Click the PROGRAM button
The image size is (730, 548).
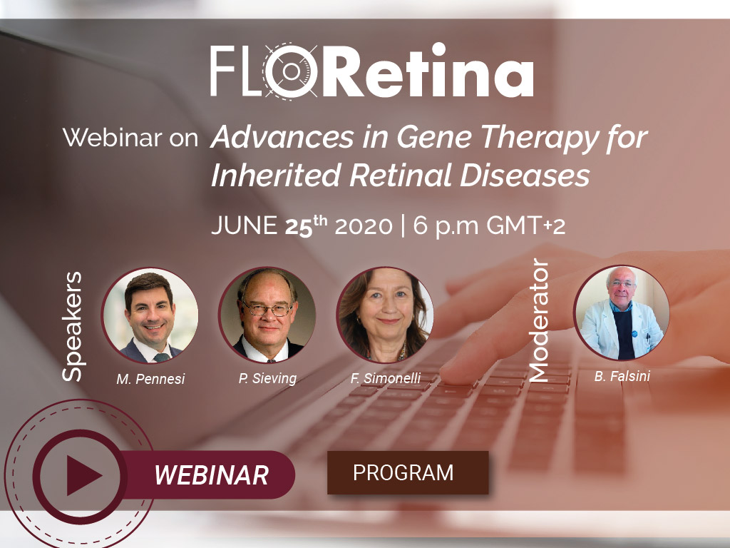[408, 472]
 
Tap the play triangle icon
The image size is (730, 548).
[83, 475]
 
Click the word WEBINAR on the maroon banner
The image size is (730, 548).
[211, 475]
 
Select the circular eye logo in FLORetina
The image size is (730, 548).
[291, 71]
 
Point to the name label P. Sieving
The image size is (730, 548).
[267, 378]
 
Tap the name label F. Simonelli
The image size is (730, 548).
[386, 378]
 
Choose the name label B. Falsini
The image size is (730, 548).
[622, 376]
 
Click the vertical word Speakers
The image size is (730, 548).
[72, 327]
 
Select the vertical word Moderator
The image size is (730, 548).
[539, 320]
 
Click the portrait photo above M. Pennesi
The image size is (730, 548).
[150, 315]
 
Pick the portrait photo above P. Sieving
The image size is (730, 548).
[267, 315]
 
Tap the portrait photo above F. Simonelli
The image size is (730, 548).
[385, 315]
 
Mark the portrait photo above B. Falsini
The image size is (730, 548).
[622, 313]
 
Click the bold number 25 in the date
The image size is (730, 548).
[299, 227]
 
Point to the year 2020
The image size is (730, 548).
[364, 226]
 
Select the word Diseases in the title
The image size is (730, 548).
[525, 176]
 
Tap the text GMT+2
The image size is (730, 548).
[526, 226]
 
